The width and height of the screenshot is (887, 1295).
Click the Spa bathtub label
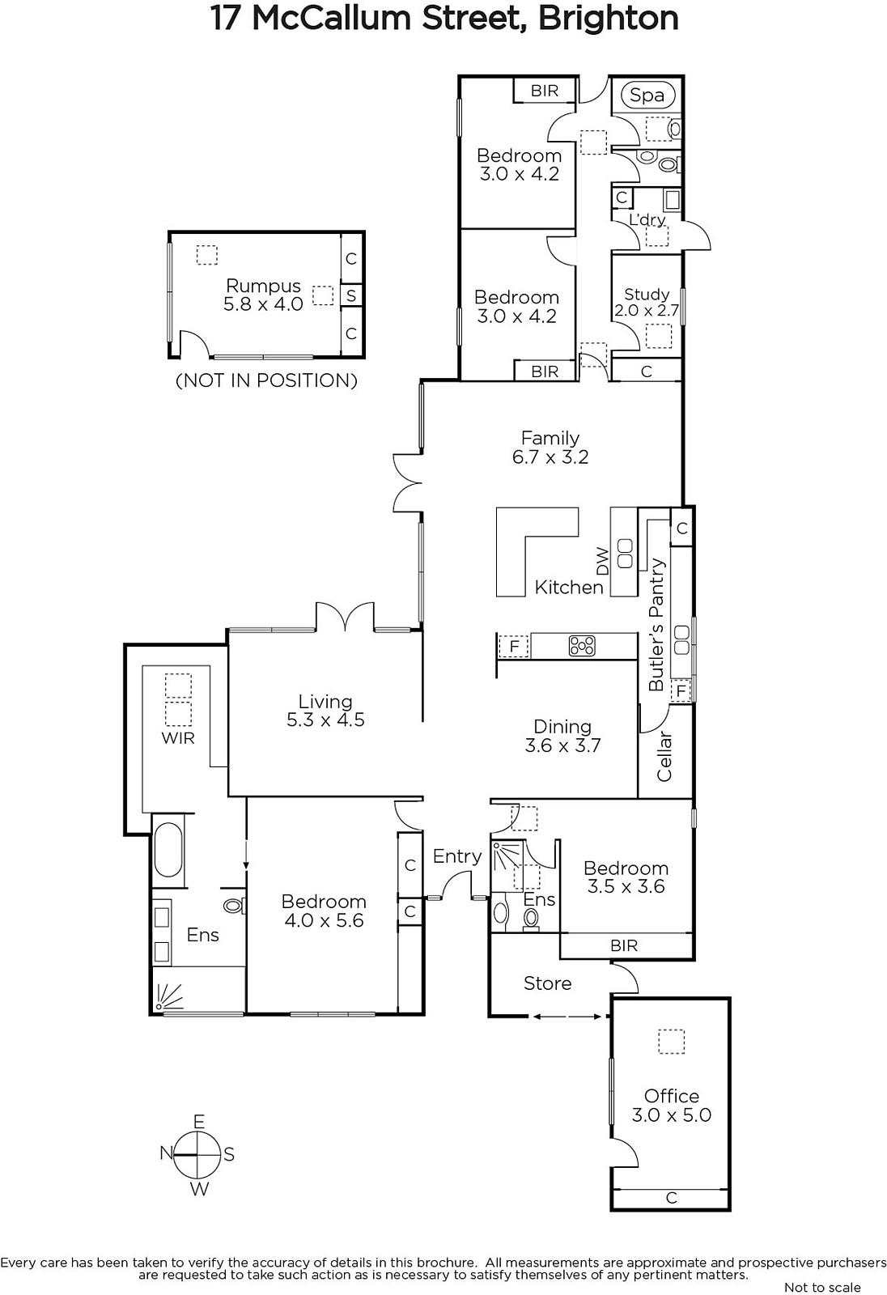point(647,96)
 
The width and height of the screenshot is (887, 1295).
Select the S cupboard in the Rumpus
point(351,296)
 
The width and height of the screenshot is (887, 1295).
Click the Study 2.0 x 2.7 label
point(647,303)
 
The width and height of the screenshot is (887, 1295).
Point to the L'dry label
point(647,219)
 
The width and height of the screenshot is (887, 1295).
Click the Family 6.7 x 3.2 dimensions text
point(550,456)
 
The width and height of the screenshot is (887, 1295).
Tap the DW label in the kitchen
point(602,561)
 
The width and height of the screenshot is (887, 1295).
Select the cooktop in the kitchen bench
point(582,646)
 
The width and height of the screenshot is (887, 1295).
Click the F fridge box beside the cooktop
point(514,647)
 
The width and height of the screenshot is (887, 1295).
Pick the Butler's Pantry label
point(656,624)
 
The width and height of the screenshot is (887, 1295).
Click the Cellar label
point(664,757)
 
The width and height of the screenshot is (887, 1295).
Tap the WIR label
point(178,738)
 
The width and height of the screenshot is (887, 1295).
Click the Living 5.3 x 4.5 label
point(325,711)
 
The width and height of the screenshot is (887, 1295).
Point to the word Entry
point(456,856)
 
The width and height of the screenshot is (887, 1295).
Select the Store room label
point(548,983)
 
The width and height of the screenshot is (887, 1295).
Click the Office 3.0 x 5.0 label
point(672,1106)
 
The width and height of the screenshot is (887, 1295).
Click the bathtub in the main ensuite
point(169,851)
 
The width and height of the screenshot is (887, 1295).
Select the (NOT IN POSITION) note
point(266,380)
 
